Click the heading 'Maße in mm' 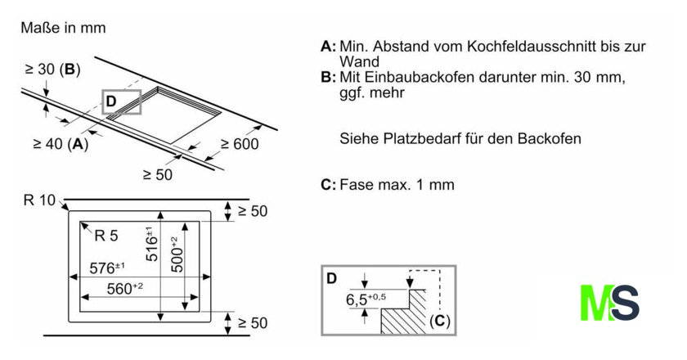(x=63, y=28)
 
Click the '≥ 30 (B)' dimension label (x=52, y=70)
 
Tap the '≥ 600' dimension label (x=239, y=145)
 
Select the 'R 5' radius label (x=106, y=236)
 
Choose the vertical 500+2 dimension (x=173, y=254)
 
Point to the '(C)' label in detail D (x=440, y=321)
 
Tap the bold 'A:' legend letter (x=328, y=47)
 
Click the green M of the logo (x=595, y=303)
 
